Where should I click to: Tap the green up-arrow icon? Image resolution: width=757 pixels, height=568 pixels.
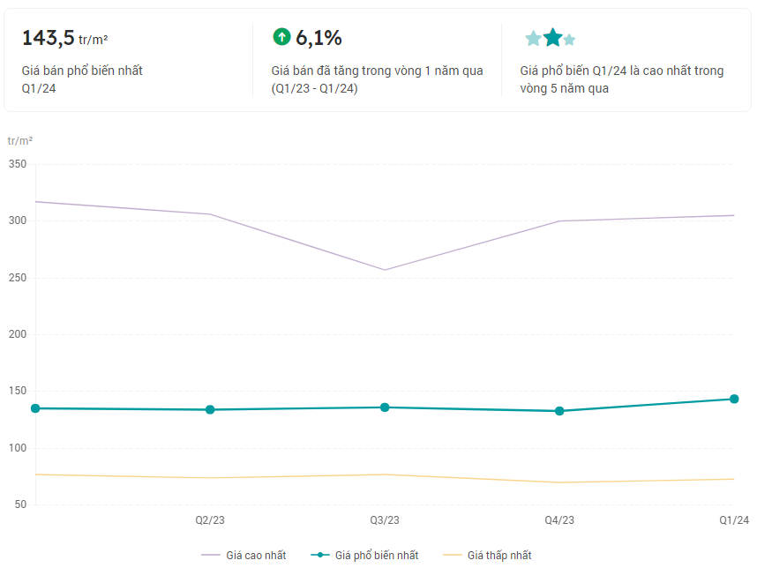click(281, 36)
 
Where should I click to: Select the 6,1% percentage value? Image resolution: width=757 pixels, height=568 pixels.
click(319, 37)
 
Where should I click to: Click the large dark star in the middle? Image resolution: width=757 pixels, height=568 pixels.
click(552, 37)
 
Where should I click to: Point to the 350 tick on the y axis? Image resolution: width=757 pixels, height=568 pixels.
click(18, 164)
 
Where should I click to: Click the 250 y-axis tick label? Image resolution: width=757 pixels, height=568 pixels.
click(18, 278)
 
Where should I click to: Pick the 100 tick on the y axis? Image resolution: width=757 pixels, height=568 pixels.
click(18, 449)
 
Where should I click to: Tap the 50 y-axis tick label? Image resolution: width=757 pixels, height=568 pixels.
click(20, 505)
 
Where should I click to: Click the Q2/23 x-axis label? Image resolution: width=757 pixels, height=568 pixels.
click(210, 520)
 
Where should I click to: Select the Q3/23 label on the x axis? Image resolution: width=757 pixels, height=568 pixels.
click(385, 520)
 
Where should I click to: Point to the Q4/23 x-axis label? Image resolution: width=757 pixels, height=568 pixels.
click(559, 520)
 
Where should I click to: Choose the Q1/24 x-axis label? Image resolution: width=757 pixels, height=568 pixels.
click(734, 520)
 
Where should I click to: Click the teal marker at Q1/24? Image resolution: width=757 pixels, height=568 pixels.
click(734, 399)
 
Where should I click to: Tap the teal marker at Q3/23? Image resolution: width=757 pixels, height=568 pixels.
click(385, 407)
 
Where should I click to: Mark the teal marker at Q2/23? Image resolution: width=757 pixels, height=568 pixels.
click(210, 409)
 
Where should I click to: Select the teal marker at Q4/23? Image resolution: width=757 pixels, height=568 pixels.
click(559, 411)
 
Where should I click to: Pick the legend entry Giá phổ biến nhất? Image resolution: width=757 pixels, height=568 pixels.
click(366, 555)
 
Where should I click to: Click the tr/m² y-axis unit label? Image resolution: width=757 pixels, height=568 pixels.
click(20, 141)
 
